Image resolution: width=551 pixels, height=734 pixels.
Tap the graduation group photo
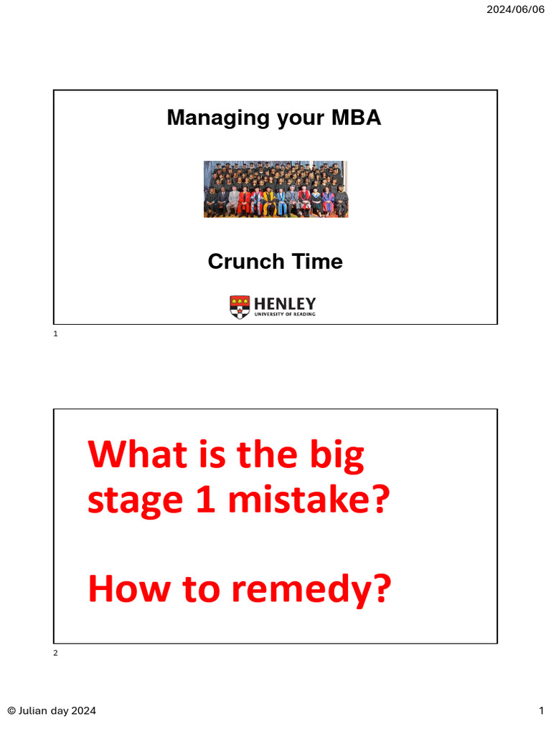[x=275, y=189]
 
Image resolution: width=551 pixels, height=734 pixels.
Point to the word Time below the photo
[x=316, y=262]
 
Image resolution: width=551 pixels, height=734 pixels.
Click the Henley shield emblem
[x=240, y=307]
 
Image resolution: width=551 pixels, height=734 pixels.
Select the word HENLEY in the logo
[x=285, y=303]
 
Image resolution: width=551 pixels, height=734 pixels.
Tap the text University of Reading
[x=285, y=314]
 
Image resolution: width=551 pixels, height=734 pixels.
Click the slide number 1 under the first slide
[x=55, y=334]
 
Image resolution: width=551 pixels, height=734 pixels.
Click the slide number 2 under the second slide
[x=55, y=653]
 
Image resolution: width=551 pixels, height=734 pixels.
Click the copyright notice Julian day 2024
[x=52, y=710]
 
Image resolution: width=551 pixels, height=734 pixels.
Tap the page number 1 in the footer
[x=542, y=710]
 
